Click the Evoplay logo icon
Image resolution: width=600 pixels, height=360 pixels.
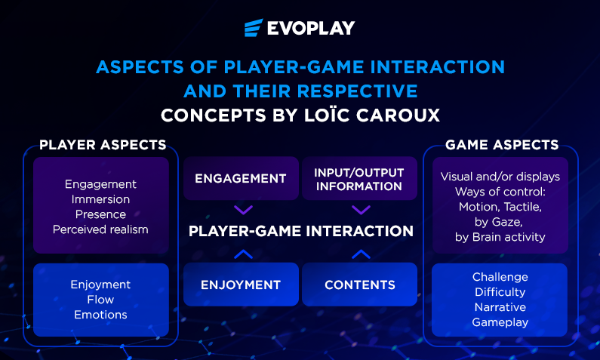[x=254, y=27]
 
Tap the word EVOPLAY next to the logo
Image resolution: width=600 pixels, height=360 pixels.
[x=311, y=28]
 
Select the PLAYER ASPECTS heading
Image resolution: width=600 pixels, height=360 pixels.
[x=103, y=145]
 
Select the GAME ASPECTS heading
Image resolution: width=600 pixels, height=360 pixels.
[x=502, y=145]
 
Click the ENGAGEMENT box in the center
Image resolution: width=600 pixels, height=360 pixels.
[x=241, y=178]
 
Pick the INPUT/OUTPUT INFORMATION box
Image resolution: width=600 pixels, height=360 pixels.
[x=359, y=178]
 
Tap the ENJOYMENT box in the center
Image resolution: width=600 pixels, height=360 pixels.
[x=241, y=285]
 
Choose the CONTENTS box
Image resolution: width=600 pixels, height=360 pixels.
[x=359, y=285]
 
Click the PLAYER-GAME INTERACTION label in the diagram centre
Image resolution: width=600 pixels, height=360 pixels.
[x=301, y=231]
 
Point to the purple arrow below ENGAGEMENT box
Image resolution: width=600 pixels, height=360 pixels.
[x=243, y=210]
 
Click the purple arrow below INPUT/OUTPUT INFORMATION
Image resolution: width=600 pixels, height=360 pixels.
[x=361, y=210]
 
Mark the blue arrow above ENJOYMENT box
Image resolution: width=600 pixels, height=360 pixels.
[x=243, y=254]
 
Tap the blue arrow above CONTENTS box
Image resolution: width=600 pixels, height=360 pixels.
[x=361, y=254]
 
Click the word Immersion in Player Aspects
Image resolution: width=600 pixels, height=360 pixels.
[x=100, y=199]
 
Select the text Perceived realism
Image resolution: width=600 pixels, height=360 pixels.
[x=100, y=229]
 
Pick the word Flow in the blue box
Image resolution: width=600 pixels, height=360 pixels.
[x=100, y=300]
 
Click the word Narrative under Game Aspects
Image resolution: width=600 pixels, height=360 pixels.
[x=500, y=307]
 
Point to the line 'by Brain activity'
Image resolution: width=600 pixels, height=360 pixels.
[x=500, y=237]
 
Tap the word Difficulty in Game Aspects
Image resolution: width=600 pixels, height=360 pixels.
[x=500, y=292]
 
